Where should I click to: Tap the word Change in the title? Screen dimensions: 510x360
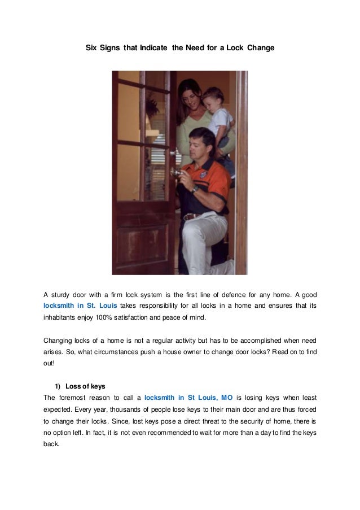(x=261, y=49)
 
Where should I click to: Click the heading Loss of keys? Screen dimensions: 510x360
(x=85, y=386)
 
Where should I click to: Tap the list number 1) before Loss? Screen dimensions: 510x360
(x=57, y=386)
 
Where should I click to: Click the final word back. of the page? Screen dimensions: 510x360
(x=51, y=444)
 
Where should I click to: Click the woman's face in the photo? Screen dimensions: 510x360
(x=190, y=95)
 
